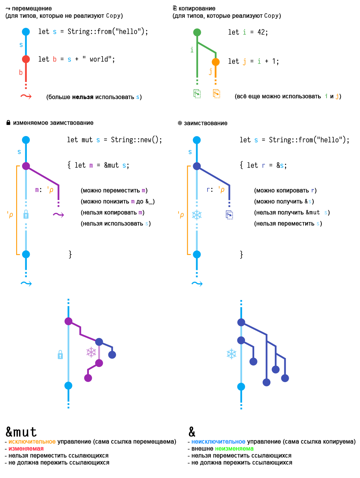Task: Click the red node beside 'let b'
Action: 26,59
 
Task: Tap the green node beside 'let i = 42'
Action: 197,32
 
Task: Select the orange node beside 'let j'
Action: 216,62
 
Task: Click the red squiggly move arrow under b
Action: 26,96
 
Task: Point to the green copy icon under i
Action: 197,93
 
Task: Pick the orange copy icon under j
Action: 216,93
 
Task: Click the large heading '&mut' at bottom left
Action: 21,432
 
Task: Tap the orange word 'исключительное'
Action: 32,442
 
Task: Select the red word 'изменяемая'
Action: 26,449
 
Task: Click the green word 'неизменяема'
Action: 234,449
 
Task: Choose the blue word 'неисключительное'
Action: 218,442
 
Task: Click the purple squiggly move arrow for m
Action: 58,215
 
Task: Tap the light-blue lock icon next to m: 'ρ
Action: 26,214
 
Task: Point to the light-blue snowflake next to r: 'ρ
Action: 197,215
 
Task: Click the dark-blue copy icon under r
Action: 230,215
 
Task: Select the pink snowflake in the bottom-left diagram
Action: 91,352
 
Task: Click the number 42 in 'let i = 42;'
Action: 261,32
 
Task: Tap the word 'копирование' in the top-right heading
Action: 197,8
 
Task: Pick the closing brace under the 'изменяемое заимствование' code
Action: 70,254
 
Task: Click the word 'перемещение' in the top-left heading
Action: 32,8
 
